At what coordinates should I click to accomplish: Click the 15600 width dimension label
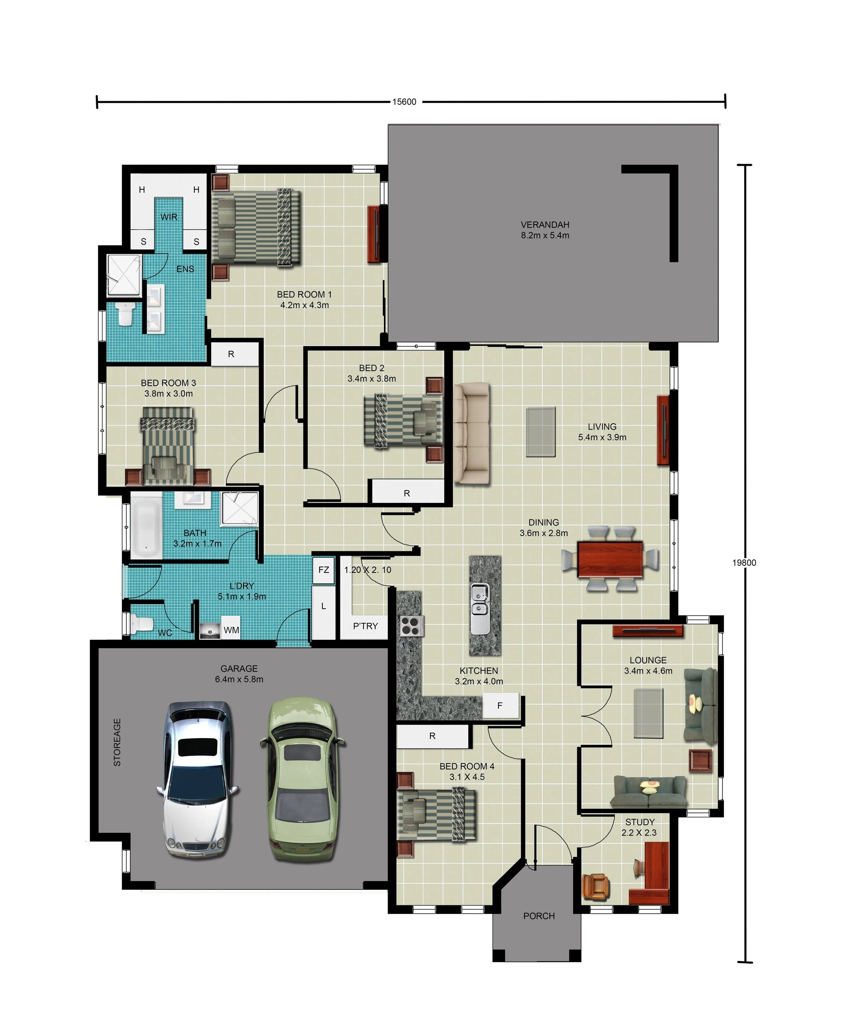pyautogui.click(x=404, y=102)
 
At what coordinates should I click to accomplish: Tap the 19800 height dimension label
pyautogui.click(x=744, y=562)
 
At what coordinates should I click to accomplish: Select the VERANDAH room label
pyautogui.click(x=545, y=225)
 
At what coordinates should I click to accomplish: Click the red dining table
pyautogui.click(x=610, y=559)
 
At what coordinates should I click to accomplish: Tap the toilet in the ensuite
pyautogui.click(x=125, y=314)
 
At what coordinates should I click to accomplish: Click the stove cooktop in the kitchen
pyautogui.click(x=412, y=626)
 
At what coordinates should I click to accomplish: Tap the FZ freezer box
pyautogui.click(x=324, y=570)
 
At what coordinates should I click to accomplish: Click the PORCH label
pyautogui.click(x=539, y=916)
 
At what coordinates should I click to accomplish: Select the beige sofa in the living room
pyautogui.click(x=471, y=433)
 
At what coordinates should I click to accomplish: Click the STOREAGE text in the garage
pyautogui.click(x=117, y=742)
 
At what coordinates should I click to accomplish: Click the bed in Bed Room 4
pyautogui.click(x=436, y=815)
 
